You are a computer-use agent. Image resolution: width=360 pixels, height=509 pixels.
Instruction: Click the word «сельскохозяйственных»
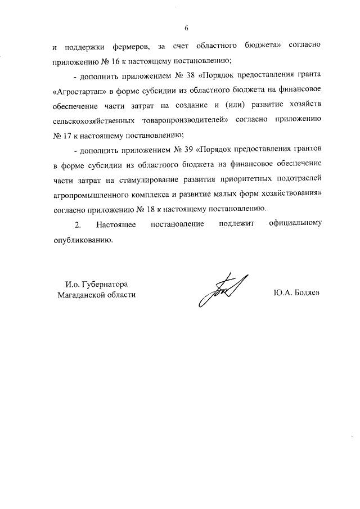point(93,120)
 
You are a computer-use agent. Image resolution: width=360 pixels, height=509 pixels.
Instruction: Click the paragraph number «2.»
point(78,225)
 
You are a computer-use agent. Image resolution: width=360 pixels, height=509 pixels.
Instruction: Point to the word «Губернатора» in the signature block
point(107,284)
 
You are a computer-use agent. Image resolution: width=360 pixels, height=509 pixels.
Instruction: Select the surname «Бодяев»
point(306,294)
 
